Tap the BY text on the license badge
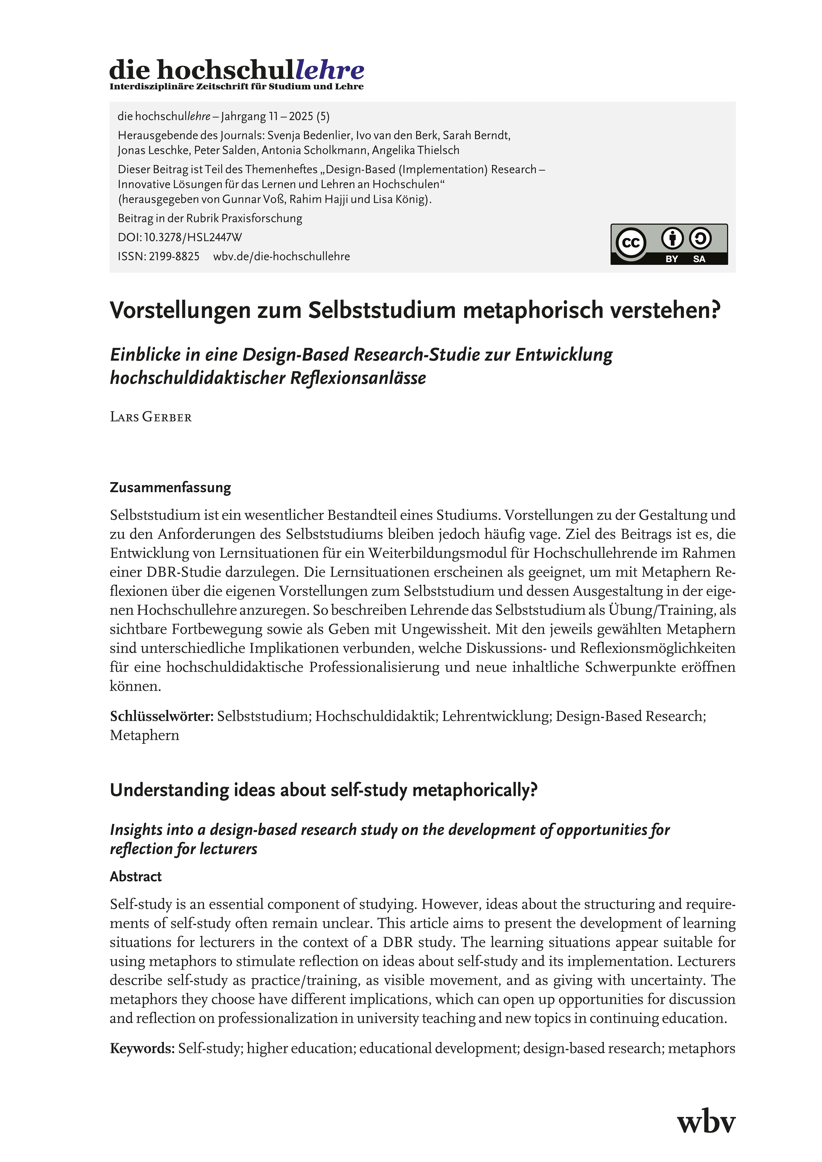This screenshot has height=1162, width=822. (672, 259)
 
